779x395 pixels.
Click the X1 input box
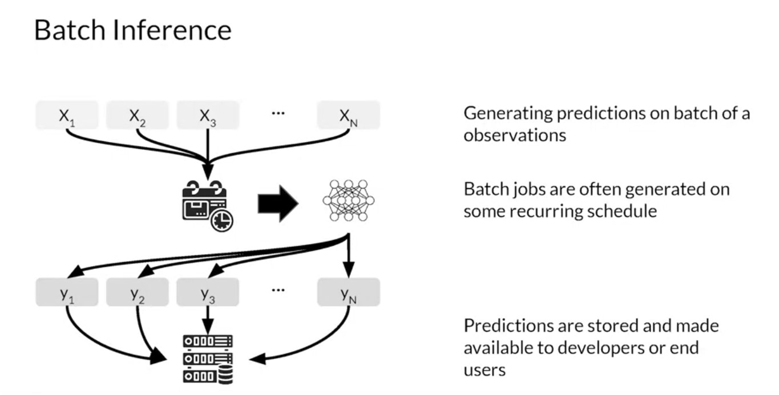click(67, 115)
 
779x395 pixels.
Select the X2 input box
click(137, 115)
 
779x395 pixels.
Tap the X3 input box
click(208, 115)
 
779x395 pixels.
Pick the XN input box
click(349, 115)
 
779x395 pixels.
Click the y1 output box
click(67, 292)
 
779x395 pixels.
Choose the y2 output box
click(137, 292)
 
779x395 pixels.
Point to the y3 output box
click(208, 292)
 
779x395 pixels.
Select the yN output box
click(349, 292)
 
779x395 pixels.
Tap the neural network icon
click(348, 200)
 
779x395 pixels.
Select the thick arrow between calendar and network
click(278, 202)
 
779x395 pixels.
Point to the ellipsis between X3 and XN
click(278, 113)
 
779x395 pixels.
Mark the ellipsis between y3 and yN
click(278, 290)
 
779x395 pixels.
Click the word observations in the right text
click(514, 136)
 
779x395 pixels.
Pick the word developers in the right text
click(590, 348)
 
